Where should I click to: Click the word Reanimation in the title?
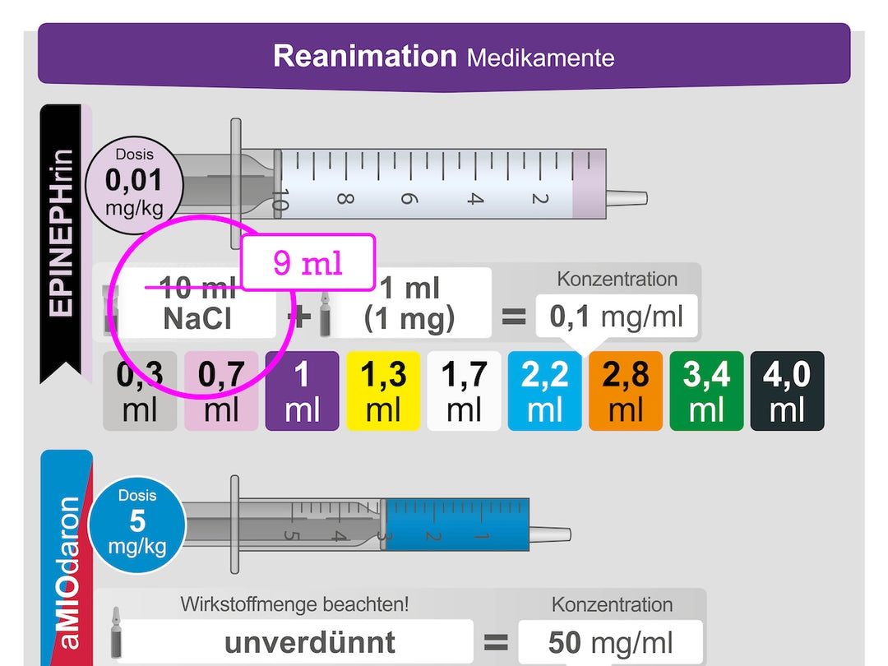pos(364,56)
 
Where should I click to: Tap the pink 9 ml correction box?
pos(308,262)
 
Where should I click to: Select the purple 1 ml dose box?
pos(302,391)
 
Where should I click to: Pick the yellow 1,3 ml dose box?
pos(383,391)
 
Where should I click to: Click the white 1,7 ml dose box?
pos(464,391)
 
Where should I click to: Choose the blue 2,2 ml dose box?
pos(544,391)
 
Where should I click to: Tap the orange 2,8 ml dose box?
pos(625,391)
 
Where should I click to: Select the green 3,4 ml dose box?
pos(706,391)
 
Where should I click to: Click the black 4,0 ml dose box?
pos(787,391)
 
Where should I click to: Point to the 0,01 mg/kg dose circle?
pos(134,181)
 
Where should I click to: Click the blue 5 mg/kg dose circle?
pos(136,523)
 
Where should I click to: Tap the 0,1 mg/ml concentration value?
pos(617,316)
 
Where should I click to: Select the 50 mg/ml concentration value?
pos(610,642)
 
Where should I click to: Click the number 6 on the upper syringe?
pos(408,198)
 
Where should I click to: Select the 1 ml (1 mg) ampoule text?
pos(409,303)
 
